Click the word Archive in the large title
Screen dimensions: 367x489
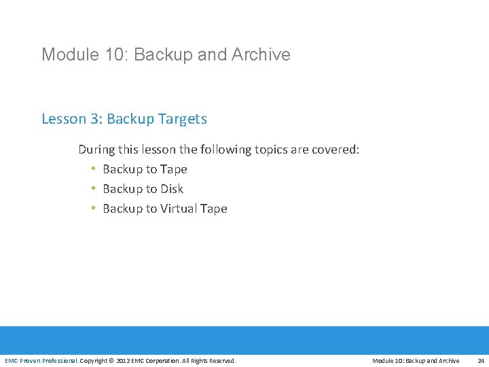tap(261, 54)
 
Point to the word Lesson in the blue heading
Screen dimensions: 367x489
tap(62, 119)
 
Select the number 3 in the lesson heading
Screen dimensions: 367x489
tap(93, 119)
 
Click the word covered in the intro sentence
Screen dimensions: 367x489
tap(334, 150)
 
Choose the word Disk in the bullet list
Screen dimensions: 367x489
tap(172, 189)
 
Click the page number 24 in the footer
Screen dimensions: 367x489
tap(481, 360)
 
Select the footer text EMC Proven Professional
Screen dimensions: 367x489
tap(41, 360)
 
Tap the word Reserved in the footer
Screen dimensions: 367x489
tap(221, 360)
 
